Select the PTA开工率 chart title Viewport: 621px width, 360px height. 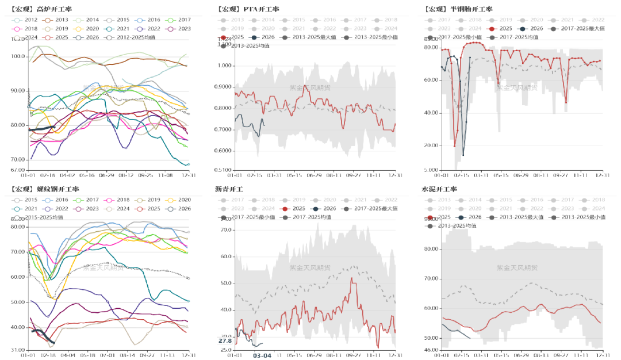click(248, 9)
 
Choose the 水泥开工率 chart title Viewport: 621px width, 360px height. click(439, 189)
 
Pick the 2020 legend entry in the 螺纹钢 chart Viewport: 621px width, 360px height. click(179, 199)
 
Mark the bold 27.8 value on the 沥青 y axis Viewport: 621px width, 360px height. click(225, 341)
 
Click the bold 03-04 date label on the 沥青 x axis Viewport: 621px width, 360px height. click(262, 355)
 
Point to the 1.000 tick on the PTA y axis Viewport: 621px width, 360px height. click(224, 66)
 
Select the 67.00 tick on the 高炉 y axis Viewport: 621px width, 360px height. click(17, 170)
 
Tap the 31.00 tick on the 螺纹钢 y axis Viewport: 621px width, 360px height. click(17, 350)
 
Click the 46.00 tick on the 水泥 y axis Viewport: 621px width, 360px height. click(431, 350)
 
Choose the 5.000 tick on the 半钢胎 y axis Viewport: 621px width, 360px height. click(431, 170)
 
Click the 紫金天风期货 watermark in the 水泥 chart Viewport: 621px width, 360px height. click(517, 268)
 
